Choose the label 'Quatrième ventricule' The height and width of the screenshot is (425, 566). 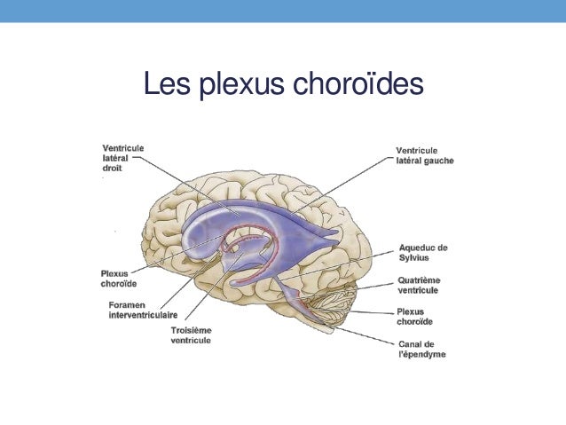click(x=419, y=285)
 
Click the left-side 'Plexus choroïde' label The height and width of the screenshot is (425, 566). click(x=119, y=279)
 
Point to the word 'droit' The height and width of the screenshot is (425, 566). click(x=112, y=167)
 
